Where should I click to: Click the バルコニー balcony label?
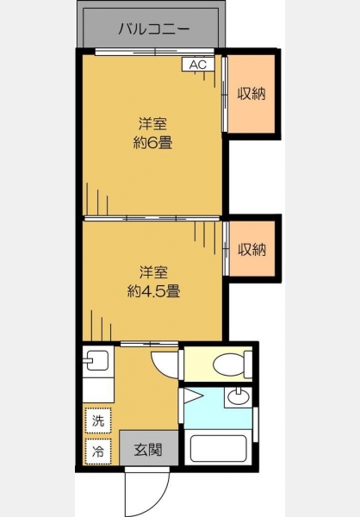tap(154, 29)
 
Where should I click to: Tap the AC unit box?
tap(198, 65)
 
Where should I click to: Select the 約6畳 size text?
tap(152, 143)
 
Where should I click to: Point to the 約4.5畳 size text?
tap(153, 291)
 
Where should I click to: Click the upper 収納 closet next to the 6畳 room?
tap(251, 94)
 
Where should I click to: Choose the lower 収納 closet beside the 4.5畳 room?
tap(251, 249)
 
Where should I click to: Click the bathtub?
tap(219, 448)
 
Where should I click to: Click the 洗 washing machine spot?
tap(98, 420)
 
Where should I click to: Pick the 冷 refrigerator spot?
tap(98, 451)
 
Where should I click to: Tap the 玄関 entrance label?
tap(148, 449)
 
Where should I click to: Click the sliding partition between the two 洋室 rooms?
tap(152, 218)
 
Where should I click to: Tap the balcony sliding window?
tap(155, 52)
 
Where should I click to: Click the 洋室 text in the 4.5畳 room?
tap(153, 271)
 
